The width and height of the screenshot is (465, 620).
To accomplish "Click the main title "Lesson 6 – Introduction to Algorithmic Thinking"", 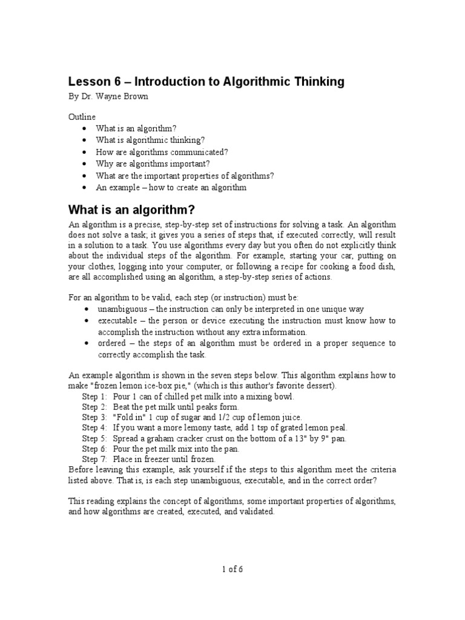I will (206, 82).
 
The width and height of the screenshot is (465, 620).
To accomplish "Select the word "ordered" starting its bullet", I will (111, 343).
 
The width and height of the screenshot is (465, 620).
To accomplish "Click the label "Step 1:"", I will (94, 396).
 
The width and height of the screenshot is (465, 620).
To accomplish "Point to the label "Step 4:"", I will (94, 427).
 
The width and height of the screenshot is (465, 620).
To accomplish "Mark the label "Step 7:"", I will (94, 459).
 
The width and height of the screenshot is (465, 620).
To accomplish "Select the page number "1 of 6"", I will (232, 569).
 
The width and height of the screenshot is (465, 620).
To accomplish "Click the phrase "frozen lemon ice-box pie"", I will (142, 386).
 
